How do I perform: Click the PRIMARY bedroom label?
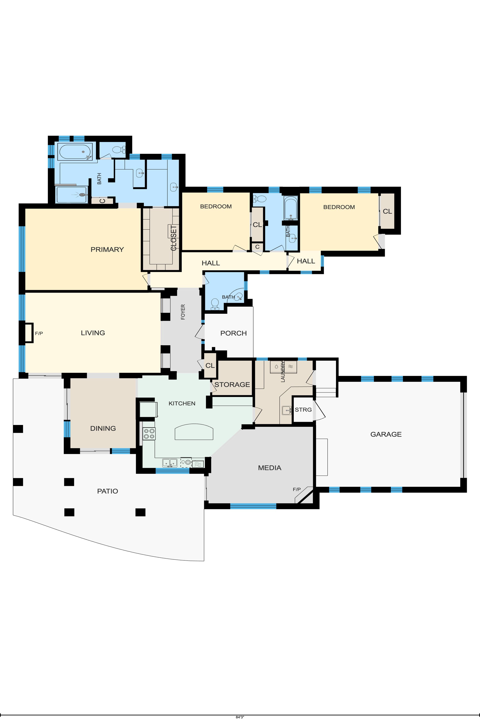click(x=107, y=249)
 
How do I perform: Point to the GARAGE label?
click(x=386, y=434)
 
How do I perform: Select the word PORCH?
click(x=233, y=333)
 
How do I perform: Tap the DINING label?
click(x=103, y=428)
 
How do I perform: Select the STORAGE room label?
click(x=232, y=384)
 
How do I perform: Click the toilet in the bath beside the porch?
click(x=215, y=304)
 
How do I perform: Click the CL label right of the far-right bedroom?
click(x=387, y=211)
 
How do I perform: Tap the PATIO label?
click(x=107, y=491)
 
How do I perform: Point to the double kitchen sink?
click(x=170, y=463)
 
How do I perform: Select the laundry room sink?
click(x=287, y=410)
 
